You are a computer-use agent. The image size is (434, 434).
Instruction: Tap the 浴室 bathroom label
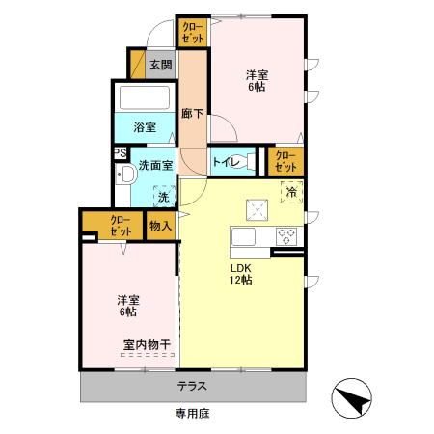(143, 126)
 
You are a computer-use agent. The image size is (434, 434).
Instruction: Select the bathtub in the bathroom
(143, 99)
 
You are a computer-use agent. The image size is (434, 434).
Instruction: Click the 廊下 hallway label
(192, 113)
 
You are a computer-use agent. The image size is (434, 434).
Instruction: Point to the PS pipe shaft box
(119, 153)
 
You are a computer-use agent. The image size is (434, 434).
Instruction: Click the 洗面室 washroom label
(154, 165)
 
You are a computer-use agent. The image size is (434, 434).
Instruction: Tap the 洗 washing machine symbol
(161, 195)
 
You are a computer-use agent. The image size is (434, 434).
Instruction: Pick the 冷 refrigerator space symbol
(289, 191)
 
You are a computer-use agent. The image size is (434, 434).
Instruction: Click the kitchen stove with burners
(286, 235)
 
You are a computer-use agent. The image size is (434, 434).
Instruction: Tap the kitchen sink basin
(242, 236)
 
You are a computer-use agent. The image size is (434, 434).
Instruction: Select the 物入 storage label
(160, 226)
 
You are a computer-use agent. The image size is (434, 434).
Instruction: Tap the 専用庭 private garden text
(192, 413)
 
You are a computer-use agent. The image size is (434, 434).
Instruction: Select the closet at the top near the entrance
(189, 32)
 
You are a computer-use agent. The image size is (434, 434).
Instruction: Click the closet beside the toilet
(285, 161)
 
